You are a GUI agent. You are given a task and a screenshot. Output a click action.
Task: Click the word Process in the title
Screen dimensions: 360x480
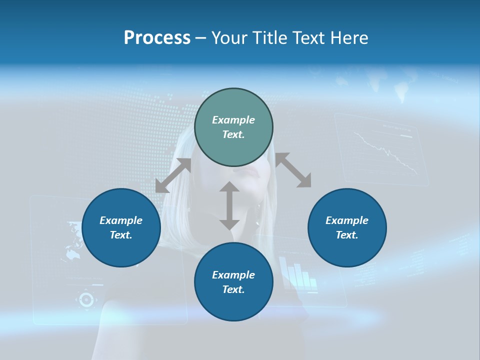pos(157,38)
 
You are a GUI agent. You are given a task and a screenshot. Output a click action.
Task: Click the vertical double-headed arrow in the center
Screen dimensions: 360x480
pos(229,205)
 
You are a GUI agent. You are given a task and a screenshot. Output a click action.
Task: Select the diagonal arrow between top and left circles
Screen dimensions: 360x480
pos(173,175)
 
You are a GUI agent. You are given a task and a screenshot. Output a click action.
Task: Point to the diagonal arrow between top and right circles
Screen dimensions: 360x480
pos(293,170)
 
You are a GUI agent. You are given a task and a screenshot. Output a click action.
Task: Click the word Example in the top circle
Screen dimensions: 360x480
pos(233,120)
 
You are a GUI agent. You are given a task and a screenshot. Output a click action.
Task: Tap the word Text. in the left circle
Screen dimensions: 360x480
pos(121,235)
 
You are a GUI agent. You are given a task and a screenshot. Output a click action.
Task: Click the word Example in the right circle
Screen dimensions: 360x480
pos(347,220)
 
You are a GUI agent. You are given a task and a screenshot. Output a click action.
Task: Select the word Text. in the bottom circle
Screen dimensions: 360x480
pos(233,289)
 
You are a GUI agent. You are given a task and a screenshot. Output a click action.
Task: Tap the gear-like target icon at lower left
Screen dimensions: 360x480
pos(86,299)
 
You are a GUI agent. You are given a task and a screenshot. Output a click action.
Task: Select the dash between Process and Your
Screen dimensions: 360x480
pos(201,38)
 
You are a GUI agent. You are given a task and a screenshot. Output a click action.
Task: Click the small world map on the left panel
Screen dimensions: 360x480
pos(73,245)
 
